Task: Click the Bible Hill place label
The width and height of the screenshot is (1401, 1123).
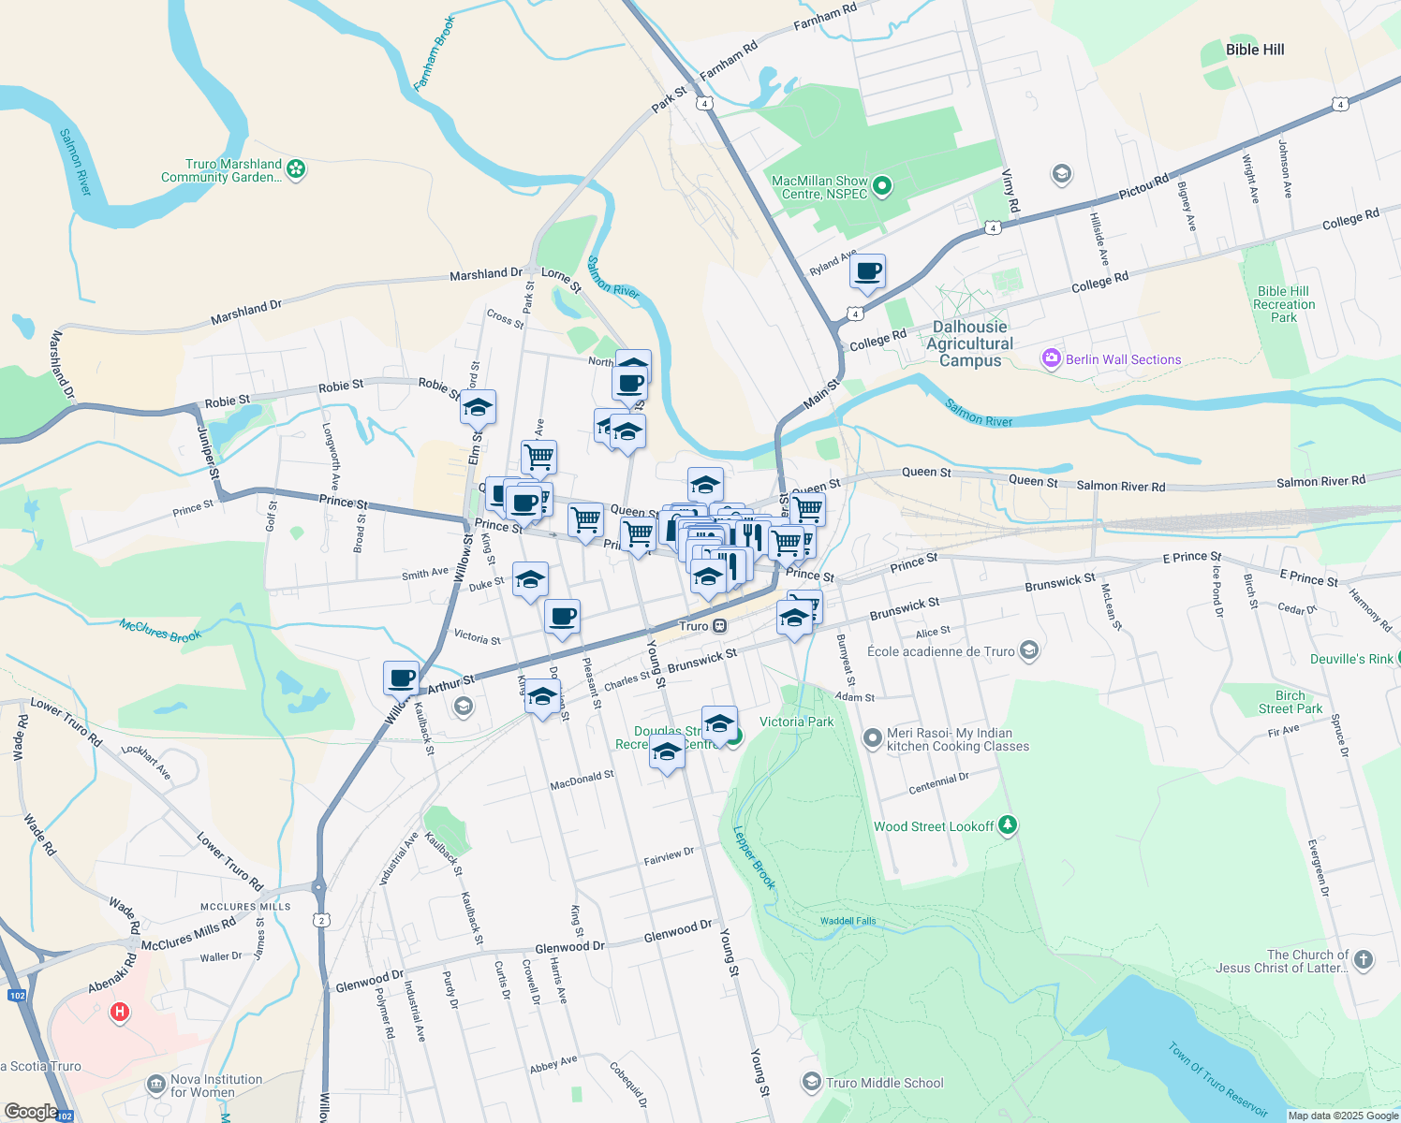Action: (1255, 50)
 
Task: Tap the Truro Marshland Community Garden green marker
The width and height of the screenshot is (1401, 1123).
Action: (296, 169)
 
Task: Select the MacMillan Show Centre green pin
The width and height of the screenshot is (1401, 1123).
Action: (881, 187)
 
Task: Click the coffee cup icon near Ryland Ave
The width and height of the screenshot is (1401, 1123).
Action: (868, 272)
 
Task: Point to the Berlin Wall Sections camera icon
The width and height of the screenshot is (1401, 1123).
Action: (1051, 359)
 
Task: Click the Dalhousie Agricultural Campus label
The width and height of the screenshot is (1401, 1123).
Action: (970, 343)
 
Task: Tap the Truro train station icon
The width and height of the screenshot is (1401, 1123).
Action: (719, 626)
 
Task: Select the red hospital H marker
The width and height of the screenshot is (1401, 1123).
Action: (120, 1012)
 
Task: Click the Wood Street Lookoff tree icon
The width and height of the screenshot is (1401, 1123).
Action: (1008, 825)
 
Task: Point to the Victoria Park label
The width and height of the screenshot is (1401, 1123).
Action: (796, 722)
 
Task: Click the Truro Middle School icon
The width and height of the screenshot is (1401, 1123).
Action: (811, 1083)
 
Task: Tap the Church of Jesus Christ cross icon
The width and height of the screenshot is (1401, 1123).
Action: (1364, 959)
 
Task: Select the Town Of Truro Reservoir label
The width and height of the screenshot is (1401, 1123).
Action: (1217, 1079)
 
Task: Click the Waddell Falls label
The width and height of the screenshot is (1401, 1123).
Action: (848, 921)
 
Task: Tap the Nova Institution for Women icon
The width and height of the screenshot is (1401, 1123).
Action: (155, 1086)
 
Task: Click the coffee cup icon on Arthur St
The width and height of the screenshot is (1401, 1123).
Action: (402, 678)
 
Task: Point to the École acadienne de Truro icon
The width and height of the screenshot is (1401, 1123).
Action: (1029, 650)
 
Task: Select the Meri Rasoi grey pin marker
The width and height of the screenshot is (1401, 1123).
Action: (872, 739)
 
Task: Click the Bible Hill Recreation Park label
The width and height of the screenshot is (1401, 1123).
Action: (1284, 304)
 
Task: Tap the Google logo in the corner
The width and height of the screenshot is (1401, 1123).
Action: (31, 1112)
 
